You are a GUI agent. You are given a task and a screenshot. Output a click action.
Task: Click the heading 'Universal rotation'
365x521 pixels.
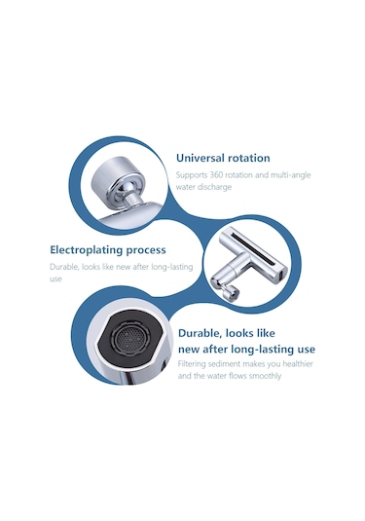click(223, 158)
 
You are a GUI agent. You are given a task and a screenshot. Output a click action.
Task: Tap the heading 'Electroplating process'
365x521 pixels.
click(108, 250)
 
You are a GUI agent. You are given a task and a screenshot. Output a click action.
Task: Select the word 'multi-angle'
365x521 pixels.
click(291, 175)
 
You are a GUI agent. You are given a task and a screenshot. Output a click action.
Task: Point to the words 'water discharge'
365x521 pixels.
click(203, 187)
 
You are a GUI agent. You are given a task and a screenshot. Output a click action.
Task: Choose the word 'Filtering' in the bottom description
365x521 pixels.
click(192, 364)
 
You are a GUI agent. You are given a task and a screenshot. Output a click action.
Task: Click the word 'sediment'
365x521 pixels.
click(224, 364)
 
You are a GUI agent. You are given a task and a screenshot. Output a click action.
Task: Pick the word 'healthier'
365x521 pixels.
click(298, 364)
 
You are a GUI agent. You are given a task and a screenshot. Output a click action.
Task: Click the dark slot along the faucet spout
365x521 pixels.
click(255, 247)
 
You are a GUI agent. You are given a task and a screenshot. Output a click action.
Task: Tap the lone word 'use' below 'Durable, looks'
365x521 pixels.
click(55, 279)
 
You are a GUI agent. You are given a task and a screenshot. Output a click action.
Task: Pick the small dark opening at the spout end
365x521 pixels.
click(281, 276)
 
